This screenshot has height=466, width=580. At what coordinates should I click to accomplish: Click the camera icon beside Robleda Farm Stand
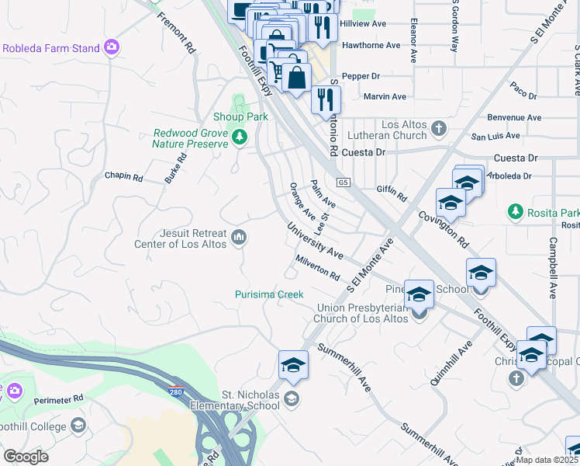coord(112,48)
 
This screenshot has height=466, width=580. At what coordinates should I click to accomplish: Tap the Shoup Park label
coord(240,117)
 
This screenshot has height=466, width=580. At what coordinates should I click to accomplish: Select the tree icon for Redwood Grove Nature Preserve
coord(240,137)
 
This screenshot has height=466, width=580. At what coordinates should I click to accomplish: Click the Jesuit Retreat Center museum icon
coord(239,237)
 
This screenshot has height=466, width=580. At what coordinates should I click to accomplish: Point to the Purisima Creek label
coord(269,294)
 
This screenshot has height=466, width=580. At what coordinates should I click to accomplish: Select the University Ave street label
coord(315,241)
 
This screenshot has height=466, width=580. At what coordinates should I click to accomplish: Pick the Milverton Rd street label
coord(317,268)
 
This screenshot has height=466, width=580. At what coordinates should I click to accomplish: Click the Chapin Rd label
coord(124,177)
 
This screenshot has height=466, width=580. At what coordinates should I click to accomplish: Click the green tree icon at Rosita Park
coord(514,211)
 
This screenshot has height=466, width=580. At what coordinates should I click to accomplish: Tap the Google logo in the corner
coord(26,457)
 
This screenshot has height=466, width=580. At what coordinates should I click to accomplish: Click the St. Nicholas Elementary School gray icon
coord(292,399)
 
